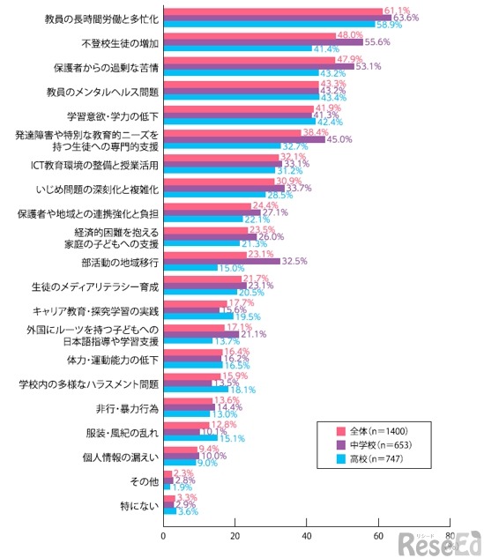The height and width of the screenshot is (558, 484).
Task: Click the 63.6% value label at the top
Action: coord(406,17)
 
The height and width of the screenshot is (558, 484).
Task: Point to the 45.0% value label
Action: coord(339,139)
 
